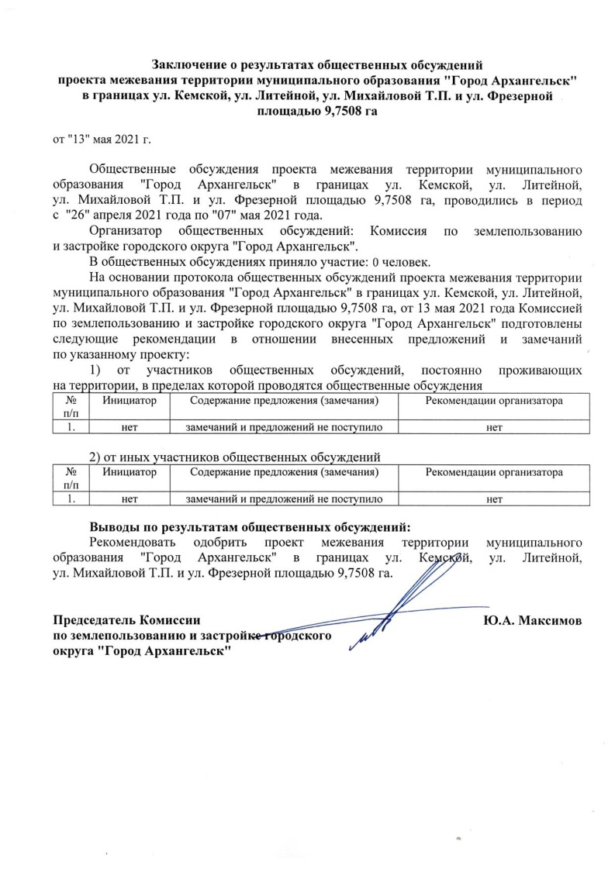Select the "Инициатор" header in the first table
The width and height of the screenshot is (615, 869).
130,401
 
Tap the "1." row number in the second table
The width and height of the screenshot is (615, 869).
71,498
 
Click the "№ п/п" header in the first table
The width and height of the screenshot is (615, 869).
71,407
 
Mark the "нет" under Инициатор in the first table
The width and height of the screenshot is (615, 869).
130,427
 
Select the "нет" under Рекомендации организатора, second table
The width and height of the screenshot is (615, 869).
494,498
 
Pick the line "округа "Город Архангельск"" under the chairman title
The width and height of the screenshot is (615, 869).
143,650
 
